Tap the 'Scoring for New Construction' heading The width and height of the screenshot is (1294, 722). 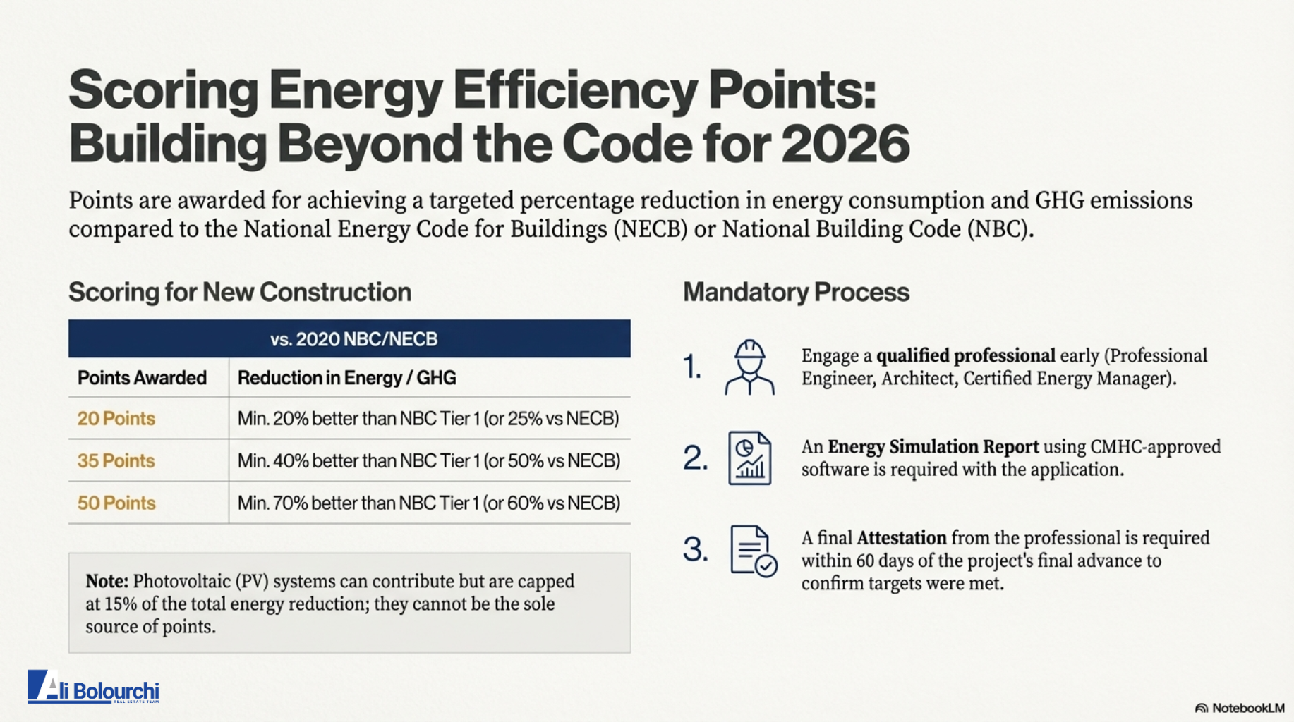240,292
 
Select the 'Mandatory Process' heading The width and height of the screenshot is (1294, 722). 796,292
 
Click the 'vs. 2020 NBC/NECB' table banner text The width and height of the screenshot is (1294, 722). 353,339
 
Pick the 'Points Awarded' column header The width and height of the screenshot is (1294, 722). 142,378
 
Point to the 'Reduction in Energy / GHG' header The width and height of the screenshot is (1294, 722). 346,378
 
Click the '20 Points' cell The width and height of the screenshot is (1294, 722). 116,419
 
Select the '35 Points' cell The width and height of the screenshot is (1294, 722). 116,461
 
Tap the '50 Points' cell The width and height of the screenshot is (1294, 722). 116,503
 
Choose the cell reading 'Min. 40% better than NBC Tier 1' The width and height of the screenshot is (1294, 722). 428,461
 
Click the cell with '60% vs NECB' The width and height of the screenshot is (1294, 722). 428,503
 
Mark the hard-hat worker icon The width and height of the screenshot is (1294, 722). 749,367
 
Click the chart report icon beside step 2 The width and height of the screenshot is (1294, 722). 749,458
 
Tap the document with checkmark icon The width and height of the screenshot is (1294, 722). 753,551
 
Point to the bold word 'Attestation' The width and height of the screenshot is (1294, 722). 901,538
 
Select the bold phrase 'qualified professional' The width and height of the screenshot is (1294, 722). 965,355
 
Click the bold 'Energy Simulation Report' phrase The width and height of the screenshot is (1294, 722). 933,447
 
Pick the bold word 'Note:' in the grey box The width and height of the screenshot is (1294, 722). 107,582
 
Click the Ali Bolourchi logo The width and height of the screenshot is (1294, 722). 94,687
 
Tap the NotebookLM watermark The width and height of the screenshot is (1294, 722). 1240,708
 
